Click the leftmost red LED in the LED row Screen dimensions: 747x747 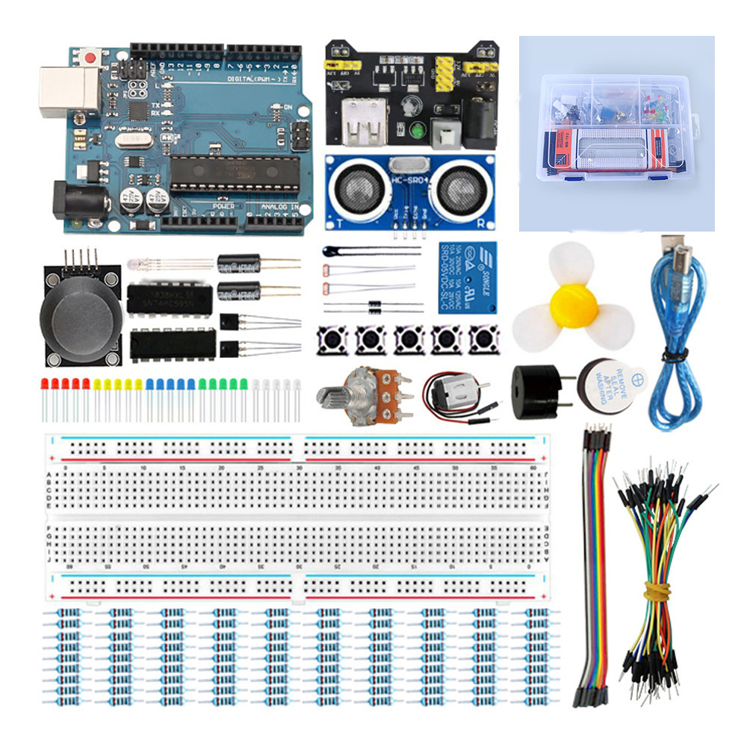pyautogui.click(x=45, y=385)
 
